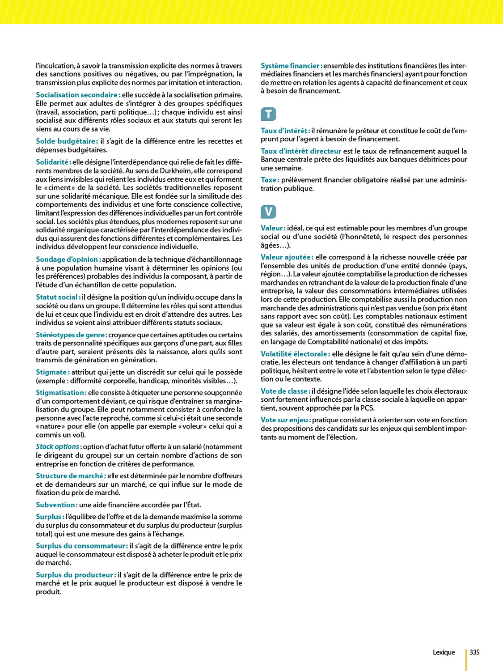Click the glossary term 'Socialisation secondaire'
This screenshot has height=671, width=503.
[77, 95]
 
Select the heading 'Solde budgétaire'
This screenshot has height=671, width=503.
[66, 141]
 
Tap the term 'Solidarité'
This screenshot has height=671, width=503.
[52, 162]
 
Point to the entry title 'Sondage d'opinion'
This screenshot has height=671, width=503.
[67, 259]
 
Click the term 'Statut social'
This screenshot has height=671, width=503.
[57, 297]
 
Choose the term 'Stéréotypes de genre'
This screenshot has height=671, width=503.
[71, 335]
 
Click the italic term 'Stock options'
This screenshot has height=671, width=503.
[58, 447]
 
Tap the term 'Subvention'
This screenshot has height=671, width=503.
[55, 505]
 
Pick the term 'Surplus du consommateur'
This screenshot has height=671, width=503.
[81, 546]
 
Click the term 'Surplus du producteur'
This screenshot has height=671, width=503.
[75, 575]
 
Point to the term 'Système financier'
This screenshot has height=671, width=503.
[291, 66]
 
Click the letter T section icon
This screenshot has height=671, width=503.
[268, 114]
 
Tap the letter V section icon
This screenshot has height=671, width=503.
[268, 212]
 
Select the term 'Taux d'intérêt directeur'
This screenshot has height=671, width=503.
[301, 151]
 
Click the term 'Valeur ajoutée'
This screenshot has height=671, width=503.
[286, 257]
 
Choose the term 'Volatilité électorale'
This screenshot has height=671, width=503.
[295, 354]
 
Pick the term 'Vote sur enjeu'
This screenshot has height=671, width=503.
[285, 420]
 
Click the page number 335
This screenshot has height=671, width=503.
[474, 652]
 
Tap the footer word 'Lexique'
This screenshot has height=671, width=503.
[444, 652]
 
